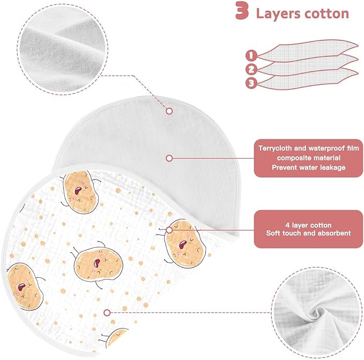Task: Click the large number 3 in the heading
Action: click(x=242, y=10)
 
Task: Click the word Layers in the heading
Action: click(x=278, y=14)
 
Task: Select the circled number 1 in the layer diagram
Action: click(x=251, y=55)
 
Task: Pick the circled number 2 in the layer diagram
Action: click(x=251, y=69)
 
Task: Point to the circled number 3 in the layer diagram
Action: click(x=251, y=83)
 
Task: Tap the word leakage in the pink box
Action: click(x=333, y=167)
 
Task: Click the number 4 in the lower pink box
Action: click(x=287, y=225)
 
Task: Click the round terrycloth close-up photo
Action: click(x=63, y=49)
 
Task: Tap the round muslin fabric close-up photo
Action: click(x=317, y=312)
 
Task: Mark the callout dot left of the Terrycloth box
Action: click(x=169, y=158)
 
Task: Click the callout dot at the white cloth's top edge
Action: click(x=169, y=111)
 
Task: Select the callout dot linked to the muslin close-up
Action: click(x=107, y=313)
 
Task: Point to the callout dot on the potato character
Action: click(x=169, y=230)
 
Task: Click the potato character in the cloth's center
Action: click(x=97, y=263)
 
